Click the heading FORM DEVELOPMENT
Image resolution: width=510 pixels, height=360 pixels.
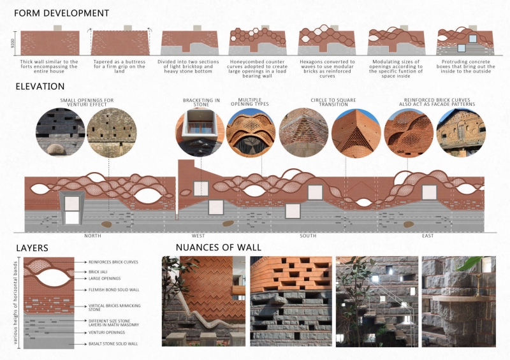point(62,13)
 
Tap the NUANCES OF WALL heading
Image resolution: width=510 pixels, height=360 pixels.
point(218,247)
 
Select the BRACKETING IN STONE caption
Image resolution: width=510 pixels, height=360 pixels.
point(201,103)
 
